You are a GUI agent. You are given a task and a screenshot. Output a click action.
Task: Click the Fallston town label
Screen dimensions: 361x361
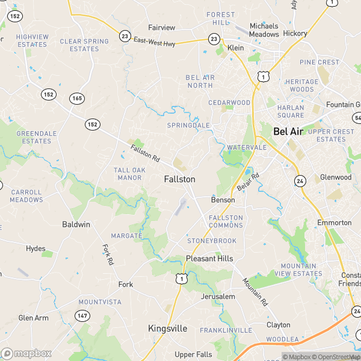[x=179, y=179]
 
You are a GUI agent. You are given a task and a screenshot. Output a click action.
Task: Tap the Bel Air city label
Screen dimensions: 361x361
[x=288, y=131]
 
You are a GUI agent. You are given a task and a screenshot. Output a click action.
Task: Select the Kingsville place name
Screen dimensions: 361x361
[x=168, y=329]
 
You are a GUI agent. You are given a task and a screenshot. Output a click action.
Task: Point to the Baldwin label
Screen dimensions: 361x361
[x=76, y=224]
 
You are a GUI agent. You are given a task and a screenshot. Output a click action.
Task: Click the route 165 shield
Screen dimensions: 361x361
[x=76, y=98]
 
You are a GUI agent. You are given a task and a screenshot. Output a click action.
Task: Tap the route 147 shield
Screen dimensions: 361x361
[x=82, y=315]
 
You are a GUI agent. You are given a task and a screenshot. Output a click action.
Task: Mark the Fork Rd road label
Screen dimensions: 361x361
[x=108, y=255]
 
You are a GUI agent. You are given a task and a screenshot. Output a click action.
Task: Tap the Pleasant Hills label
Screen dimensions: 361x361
[x=209, y=258]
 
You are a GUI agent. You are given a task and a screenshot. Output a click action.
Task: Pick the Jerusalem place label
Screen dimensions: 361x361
[x=218, y=297]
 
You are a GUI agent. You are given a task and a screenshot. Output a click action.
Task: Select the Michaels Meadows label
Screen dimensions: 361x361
[x=264, y=30]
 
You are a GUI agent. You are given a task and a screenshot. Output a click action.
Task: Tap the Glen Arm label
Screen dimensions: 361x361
[x=33, y=318]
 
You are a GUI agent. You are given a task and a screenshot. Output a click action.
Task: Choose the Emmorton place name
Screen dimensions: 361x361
[x=335, y=223]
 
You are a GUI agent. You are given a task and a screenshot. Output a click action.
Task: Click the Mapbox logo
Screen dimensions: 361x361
[x=26, y=353]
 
